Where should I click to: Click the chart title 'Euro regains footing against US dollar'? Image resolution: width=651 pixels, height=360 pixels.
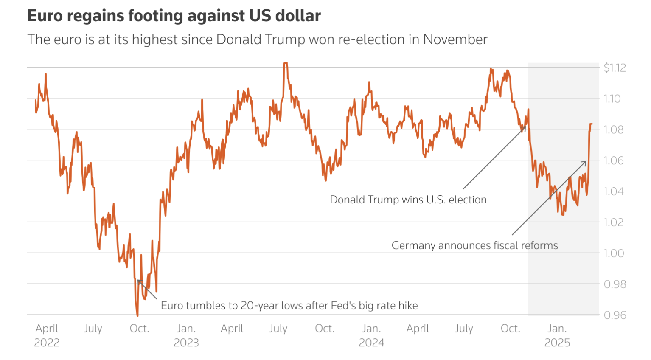coord(174,16)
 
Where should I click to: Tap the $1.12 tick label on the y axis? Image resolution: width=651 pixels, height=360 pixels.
coord(614,67)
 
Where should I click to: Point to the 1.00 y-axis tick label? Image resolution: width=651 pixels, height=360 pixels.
coord(613,253)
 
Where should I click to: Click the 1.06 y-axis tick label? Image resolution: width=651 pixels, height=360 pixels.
coord(613,160)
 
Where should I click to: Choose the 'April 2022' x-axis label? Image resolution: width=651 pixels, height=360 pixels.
coord(47,335)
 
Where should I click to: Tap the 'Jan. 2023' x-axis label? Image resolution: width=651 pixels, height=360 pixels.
coord(186,335)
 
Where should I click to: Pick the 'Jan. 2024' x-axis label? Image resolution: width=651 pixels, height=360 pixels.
coord(371,335)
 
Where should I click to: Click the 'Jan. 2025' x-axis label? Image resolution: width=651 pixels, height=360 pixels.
coord(557,335)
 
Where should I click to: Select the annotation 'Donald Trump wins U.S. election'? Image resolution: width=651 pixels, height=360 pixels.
coord(408,200)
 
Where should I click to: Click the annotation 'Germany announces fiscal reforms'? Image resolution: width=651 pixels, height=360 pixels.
coord(474,245)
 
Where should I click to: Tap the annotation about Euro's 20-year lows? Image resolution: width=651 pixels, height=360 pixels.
coord(289,306)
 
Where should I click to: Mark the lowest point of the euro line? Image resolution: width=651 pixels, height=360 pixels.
coord(137,315)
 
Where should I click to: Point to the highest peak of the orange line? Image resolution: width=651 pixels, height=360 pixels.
coord(286,63)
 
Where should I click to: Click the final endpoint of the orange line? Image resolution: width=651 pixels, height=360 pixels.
coord(592,124)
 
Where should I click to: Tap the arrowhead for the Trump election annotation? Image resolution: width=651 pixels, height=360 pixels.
coord(525,126)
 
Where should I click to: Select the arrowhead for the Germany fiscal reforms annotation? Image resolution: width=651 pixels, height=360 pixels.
coord(586,162)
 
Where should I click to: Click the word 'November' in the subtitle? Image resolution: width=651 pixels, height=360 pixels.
coord(455,39)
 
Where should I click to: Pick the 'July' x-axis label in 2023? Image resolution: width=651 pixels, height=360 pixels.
coord(278,329)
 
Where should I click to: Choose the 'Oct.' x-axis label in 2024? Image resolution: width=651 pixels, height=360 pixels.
coord(510,329)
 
